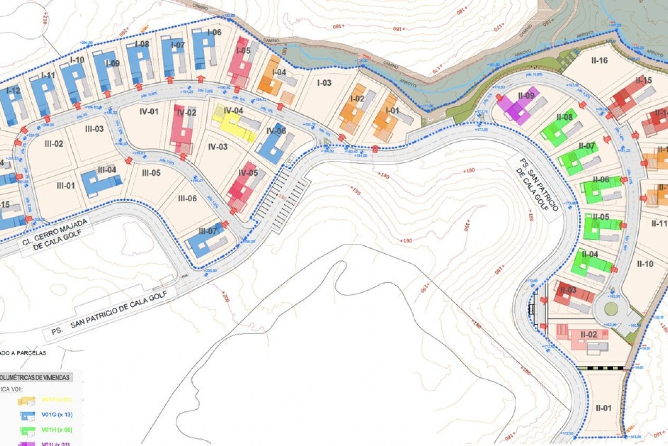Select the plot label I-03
tap(324, 83)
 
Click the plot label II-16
tap(599, 60)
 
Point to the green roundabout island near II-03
tap(611, 308)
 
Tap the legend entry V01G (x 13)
tap(57, 415)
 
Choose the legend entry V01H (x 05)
tap(57, 430)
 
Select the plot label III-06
tap(187, 199)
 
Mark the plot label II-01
tap(603, 408)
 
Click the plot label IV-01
tap(149, 111)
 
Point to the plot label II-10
tap(645, 264)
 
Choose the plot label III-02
tap(54, 144)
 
